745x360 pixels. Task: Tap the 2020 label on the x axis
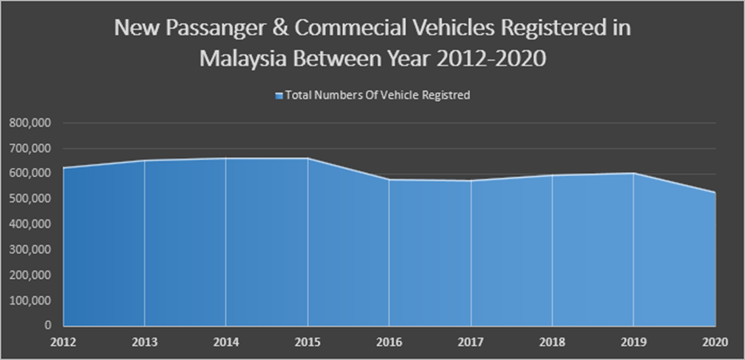[x=714, y=341]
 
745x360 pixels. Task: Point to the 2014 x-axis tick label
[x=226, y=341]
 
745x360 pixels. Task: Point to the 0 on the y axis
[x=49, y=326]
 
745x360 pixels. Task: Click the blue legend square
[x=279, y=96]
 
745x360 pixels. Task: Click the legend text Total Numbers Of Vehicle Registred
[x=377, y=96]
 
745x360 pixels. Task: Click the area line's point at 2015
[x=308, y=158]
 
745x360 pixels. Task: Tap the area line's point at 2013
[x=144, y=161]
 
